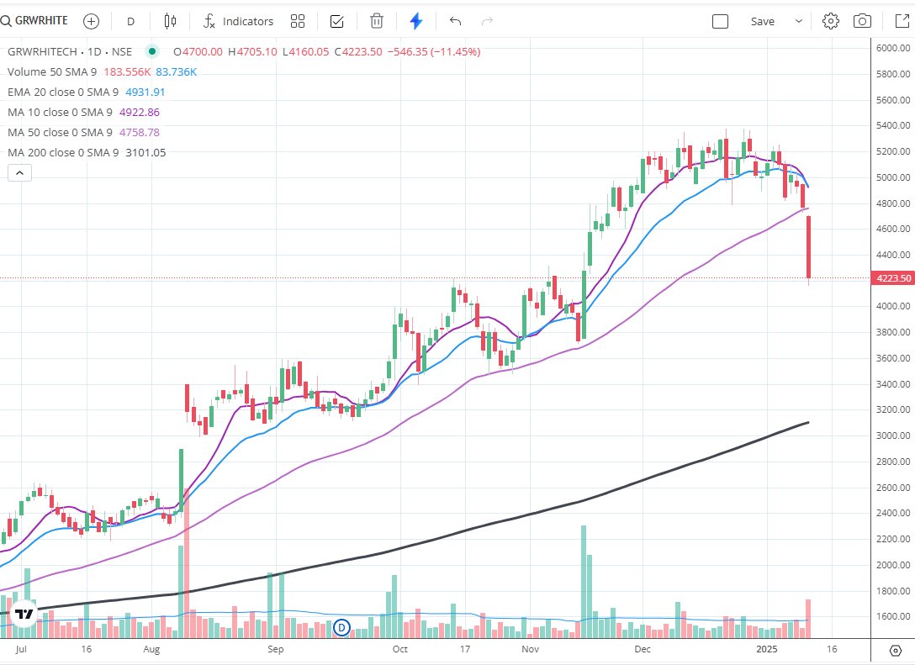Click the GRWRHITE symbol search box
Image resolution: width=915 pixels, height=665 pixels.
click(35, 21)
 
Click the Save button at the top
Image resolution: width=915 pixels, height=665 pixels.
click(762, 21)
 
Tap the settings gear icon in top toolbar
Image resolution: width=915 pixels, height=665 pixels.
click(831, 21)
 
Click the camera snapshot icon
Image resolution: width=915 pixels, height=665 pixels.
click(862, 21)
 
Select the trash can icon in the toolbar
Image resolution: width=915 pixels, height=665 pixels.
click(377, 21)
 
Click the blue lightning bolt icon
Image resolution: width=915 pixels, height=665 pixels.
click(416, 21)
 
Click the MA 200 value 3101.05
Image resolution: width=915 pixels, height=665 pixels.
click(145, 153)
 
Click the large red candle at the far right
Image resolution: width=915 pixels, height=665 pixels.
click(808, 247)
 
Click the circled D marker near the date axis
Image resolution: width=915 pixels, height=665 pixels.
click(342, 626)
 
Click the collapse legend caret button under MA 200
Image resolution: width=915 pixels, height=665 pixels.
click(19, 173)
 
